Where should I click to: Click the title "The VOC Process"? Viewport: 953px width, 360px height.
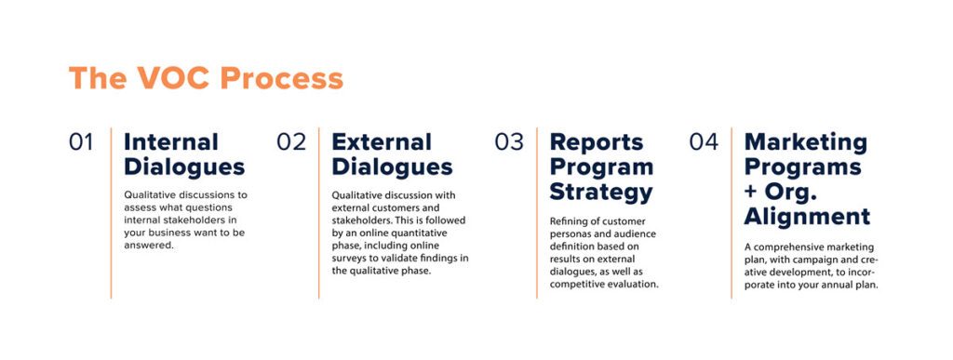tap(206, 78)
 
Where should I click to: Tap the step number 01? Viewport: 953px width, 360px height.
tap(82, 142)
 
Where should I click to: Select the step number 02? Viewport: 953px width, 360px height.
tap(291, 142)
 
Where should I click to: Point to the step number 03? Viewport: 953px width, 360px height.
tap(510, 142)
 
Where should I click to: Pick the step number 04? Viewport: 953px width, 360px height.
tap(704, 142)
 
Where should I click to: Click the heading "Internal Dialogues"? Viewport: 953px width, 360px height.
tap(184, 154)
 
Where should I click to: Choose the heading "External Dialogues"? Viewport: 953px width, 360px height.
tap(392, 154)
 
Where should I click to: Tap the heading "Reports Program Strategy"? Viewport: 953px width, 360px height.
tap(601, 167)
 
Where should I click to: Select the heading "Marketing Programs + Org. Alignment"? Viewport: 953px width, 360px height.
tap(807, 180)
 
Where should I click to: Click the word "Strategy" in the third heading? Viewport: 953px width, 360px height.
tap(601, 193)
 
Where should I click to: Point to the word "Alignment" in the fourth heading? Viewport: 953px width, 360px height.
tap(807, 217)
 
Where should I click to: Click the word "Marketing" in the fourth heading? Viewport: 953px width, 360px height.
tap(806, 142)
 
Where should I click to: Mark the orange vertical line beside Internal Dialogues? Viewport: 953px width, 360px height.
tap(111, 213)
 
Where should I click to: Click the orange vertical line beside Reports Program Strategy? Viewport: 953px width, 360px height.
tap(537, 213)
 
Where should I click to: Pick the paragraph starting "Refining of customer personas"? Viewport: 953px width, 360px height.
tap(604, 252)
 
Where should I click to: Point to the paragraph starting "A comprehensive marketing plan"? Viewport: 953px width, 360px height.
tap(811, 265)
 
